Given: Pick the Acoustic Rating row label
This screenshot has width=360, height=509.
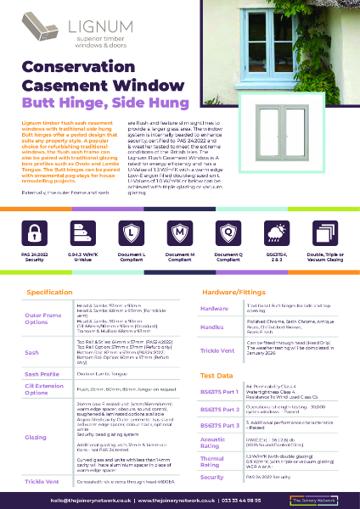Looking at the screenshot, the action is (215, 442).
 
